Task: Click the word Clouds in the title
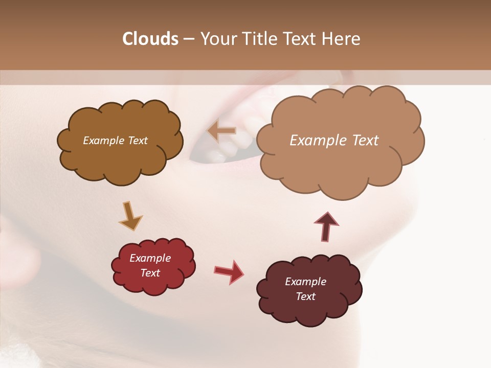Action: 150,39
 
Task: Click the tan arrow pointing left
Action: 222,131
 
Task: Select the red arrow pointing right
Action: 229,272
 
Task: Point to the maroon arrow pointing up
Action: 326,227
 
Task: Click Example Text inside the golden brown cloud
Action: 115,141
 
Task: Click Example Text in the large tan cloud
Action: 334,141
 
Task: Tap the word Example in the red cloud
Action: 150,258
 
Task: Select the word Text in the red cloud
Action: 150,273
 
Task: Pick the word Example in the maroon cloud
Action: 305,282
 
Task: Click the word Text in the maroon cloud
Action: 305,296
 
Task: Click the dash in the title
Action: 188,39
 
